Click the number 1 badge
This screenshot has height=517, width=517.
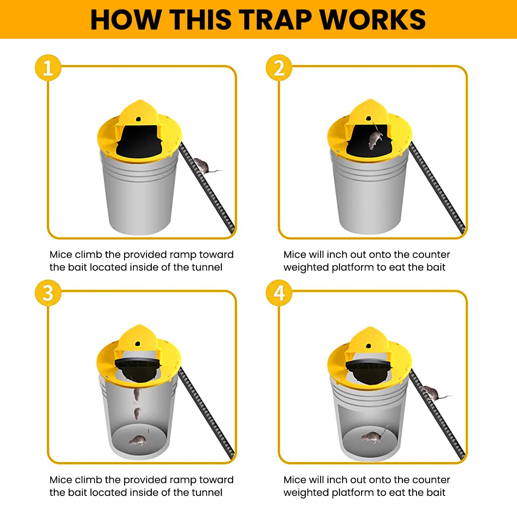48,68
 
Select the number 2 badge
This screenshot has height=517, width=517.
279,68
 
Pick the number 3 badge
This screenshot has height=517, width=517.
48,293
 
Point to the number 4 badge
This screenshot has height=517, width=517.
279,293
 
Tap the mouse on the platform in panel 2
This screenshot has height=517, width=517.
374,139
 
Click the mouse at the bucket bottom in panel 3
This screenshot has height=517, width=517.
137,440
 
